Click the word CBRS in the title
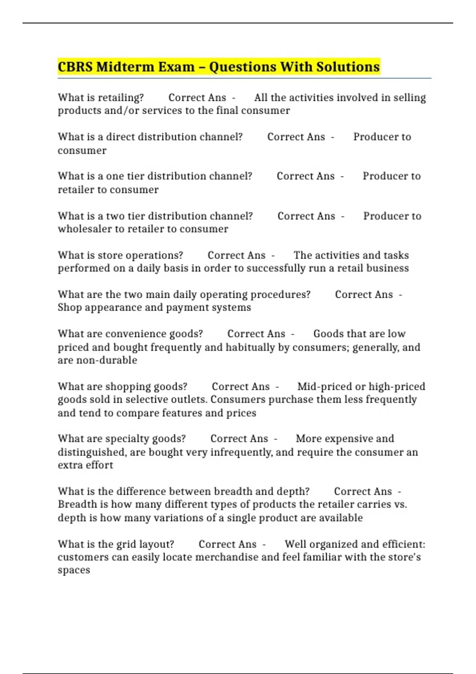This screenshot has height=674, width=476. point(75,67)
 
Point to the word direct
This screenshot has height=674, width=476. point(120,137)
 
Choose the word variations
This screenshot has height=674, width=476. point(178,518)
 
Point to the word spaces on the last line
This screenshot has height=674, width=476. point(74,571)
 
